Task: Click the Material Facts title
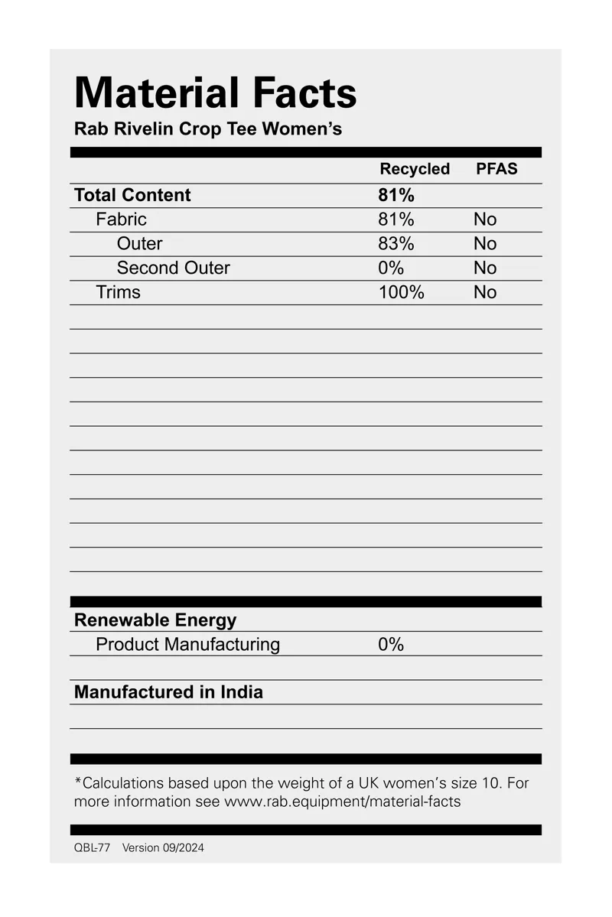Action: tap(215, 93)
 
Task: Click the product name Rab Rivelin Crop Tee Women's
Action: tap(207, 128)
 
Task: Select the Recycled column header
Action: tap(415, 169)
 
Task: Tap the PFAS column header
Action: tap(496, 169)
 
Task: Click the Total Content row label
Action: tap(132, 195)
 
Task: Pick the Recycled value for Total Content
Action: tap(396, 195)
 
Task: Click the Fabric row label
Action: tap(121, 219)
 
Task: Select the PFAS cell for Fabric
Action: tap(485, 219)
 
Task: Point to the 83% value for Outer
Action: tap(396, 244)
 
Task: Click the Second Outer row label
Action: tap(173, 268)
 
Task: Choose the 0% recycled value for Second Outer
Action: tap(390, 268)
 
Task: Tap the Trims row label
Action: tap(118, 292)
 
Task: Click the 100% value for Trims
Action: tap(401, 292)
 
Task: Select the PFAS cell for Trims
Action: tap(485, 292)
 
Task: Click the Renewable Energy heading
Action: tap(155, 620)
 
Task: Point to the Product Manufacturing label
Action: tap(187, 645)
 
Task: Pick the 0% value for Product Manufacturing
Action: tap(390, 645)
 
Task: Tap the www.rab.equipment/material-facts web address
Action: tap(342, 802)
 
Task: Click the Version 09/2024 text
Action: tap(163, 848)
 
